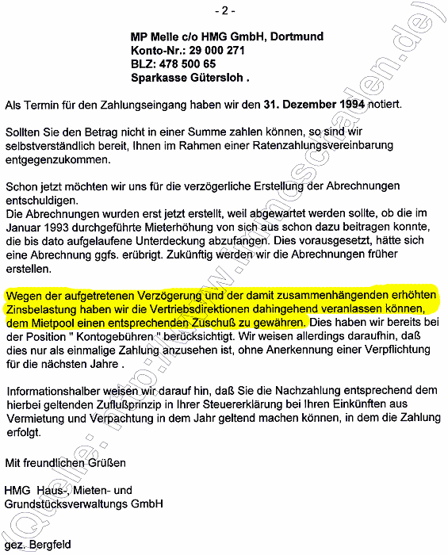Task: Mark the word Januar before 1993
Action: pyautogui.click(x=22, y=227)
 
